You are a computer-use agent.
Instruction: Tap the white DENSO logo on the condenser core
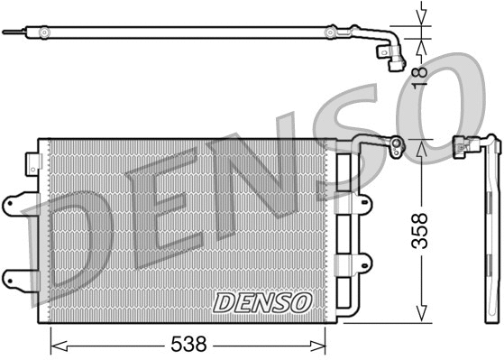pos(262,302)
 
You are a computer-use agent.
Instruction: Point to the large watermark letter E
pos(167,204)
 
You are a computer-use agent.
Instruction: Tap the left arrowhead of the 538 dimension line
pos(53,344)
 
